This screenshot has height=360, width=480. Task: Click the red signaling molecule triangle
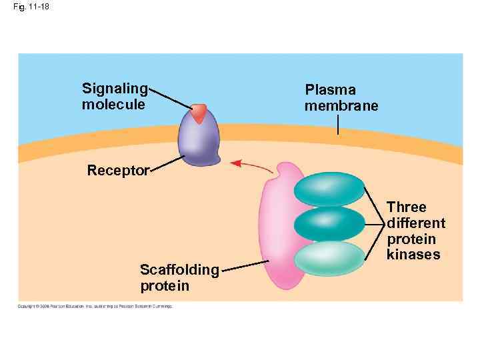tap(199, 113)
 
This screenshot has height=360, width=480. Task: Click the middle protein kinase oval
tap(329, 223)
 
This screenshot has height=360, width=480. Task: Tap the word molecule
tap(113, 105)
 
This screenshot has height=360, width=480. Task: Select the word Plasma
tap(330, 90)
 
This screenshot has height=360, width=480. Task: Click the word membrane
tap(341, 107)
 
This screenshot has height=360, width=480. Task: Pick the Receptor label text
tap(118, 171)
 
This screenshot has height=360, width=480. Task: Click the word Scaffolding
tap(179, 270)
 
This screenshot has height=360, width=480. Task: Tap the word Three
tap(407, 207)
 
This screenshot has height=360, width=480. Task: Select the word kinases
tap(413, 255)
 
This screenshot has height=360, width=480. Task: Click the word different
tap(416, 223)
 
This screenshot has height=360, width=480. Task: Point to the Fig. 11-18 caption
tap(26, 7)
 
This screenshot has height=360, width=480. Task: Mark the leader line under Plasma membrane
tap(338, 125)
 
